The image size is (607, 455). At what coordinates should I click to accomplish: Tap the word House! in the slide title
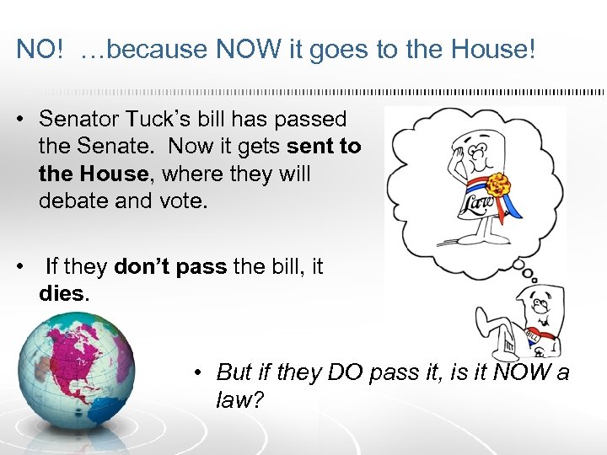click(x=495, y=49)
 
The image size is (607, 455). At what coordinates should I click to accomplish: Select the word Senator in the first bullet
click(x=81, y=119)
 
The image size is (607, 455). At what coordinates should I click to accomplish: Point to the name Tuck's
click(x=159, y=119)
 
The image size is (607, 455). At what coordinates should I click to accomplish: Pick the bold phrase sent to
click(x=324, y=147)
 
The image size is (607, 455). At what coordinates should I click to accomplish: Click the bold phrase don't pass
click(x=169, y=267)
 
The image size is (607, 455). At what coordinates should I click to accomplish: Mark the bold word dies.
click(x=62, y=295)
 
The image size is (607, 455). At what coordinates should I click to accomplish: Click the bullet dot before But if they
click(x=196, y=372)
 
